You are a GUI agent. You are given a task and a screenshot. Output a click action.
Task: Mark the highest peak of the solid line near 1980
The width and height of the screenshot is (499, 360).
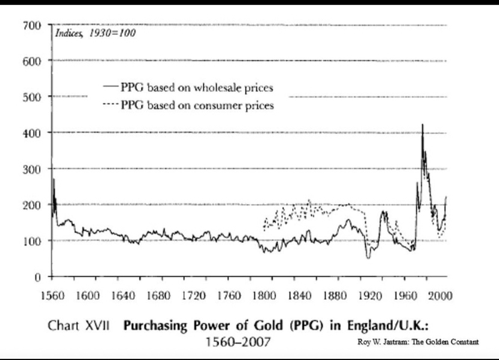pos(423,124)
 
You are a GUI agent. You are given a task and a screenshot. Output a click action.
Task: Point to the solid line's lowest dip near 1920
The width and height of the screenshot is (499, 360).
pos(368,258)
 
